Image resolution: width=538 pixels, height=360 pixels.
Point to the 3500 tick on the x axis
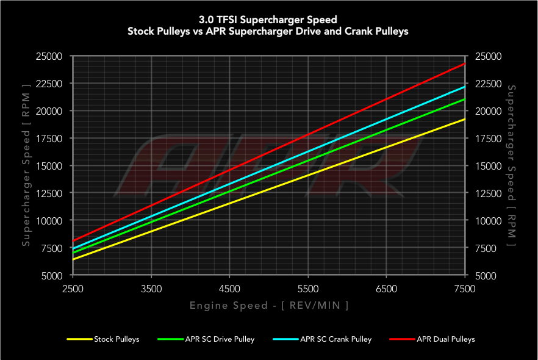click(x=151, y=289)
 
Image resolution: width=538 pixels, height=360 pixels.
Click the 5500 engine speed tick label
click(x=308, y=289)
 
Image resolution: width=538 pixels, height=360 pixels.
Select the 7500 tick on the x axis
click(x=465, y=289)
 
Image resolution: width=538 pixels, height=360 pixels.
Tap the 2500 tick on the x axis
click(x=73, y=289)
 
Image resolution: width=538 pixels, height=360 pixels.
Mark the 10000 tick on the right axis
click(x=487, y=220)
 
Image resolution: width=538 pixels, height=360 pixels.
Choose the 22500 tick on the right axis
click(x=487, y=84)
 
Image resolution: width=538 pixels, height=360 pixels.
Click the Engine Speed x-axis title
click(x=269, y=305)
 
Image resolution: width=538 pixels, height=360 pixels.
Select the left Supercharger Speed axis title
click(x=26, y=166)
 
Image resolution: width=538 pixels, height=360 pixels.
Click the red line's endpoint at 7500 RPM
click(x=465, y=63)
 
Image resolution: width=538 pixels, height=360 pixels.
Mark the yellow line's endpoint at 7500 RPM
click(x=465, y=119)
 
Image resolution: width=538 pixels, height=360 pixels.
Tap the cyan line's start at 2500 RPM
click(x=73, y=249)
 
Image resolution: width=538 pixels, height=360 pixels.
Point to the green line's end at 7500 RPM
click(x=465, y=99)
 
